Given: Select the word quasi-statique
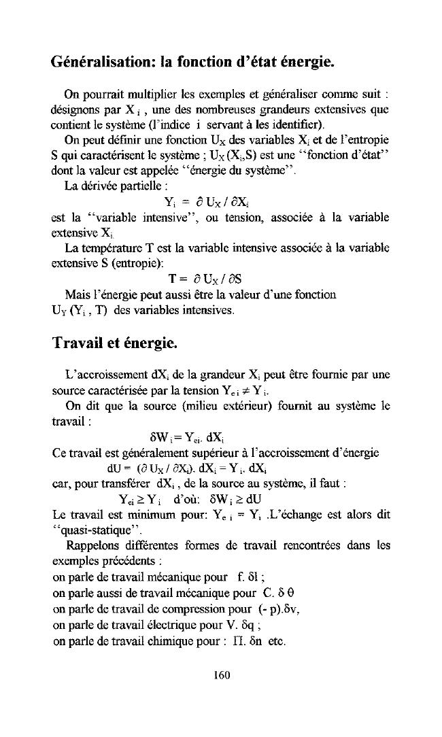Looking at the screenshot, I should coord(87,533).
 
